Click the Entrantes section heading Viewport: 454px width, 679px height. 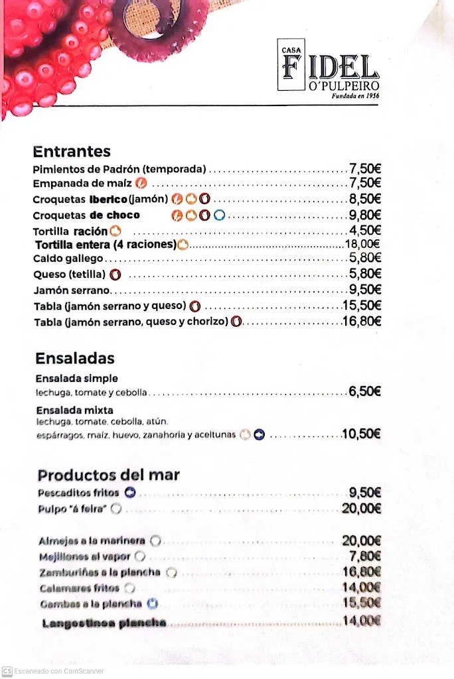[x=72, y=151]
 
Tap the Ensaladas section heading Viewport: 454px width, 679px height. [x=75, y=358]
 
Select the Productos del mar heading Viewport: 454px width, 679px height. [x=109, y=475]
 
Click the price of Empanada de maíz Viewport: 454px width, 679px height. [x=365, y=183]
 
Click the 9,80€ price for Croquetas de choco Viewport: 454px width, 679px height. [x=365, y=214]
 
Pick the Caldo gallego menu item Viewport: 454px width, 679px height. [x=68, y=258]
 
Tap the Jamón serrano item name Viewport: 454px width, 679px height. [x=72, y=290]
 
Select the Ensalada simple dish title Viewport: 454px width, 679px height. [x=77, y=379]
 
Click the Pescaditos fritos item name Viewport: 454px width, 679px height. [x=78, y=493]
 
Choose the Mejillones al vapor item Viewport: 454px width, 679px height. [x=86, y=556]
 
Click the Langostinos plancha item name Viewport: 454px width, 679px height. [x=104, y=623]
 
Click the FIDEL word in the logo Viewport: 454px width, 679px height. [x=330, y=68]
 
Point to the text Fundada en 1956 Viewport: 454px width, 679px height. [x=360, y=95]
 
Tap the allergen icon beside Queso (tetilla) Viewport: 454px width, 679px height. [x=115, y=274]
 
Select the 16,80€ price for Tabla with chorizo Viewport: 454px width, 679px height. [x=362, y=322]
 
